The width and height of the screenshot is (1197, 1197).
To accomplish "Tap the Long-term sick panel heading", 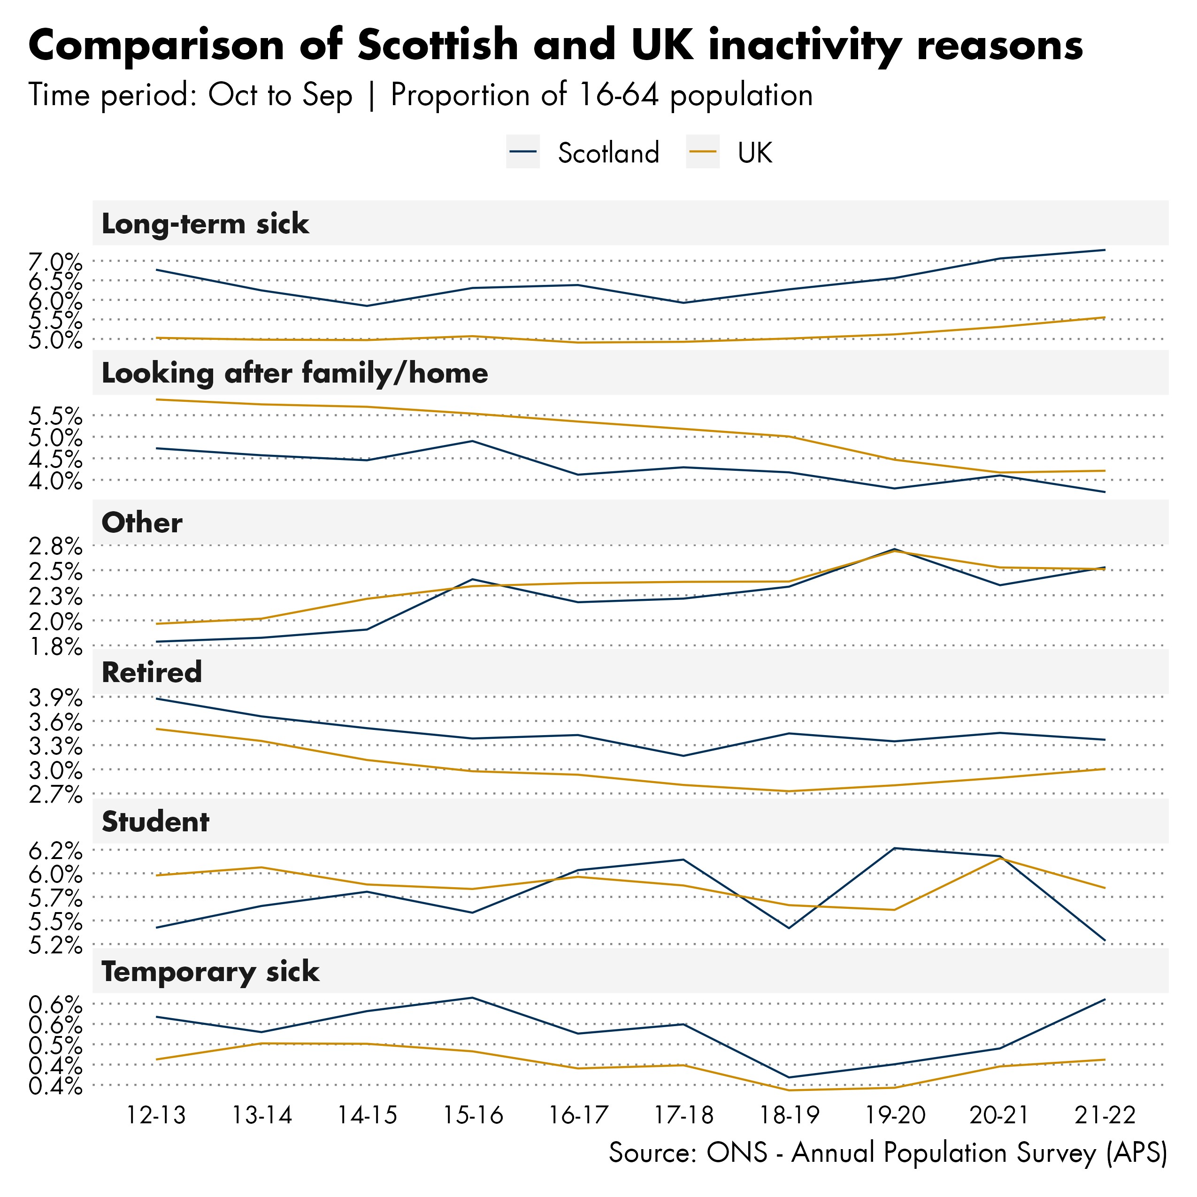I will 205,223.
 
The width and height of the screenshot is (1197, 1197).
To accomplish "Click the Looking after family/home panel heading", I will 294,373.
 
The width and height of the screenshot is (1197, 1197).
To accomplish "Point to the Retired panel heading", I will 152,672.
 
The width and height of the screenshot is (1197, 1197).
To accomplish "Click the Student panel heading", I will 155,821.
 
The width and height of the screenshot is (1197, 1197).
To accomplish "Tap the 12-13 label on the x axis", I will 156,1116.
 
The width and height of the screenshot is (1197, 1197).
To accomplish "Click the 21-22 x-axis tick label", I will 1105,1116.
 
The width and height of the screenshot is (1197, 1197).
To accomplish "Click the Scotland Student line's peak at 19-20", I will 894,848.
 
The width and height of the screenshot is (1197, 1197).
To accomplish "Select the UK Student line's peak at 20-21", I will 1000,858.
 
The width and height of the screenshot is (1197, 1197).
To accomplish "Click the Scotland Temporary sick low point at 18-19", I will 789,1077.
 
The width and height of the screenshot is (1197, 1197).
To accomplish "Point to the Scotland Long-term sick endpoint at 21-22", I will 1105,250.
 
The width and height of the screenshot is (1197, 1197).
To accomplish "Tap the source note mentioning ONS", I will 887,1153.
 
